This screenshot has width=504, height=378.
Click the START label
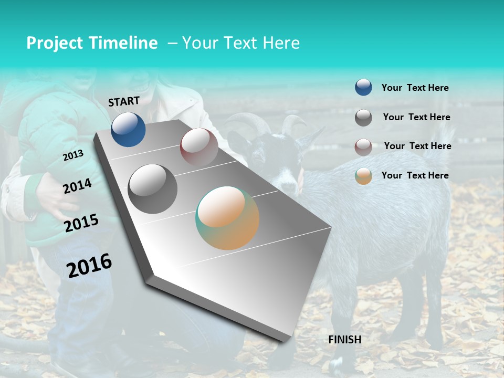tap(124, 101)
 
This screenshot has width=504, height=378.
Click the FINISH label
tap(345, 340)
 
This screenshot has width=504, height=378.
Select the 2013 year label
tap(73, 156)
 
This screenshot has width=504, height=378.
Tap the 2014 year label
tap(77, 186)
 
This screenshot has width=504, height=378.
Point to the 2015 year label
tap(81, 223)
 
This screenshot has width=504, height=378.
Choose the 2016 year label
tap(89, 266)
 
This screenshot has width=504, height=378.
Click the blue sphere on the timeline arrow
tap(129, 130)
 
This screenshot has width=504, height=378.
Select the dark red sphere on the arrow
tap(199, 146)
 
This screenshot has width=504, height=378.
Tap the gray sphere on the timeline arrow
tap(152, 188)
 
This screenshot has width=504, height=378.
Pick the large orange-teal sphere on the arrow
tap(227, 218)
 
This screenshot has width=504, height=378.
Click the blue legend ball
tap(363, 87)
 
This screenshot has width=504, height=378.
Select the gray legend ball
tap(363, 118)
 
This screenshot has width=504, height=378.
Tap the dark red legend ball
tap(363, 147)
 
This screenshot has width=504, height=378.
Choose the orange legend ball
tap(363, 176)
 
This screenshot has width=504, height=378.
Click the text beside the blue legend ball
tap(415, 88)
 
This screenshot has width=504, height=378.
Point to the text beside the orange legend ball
tap(415, 175)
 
